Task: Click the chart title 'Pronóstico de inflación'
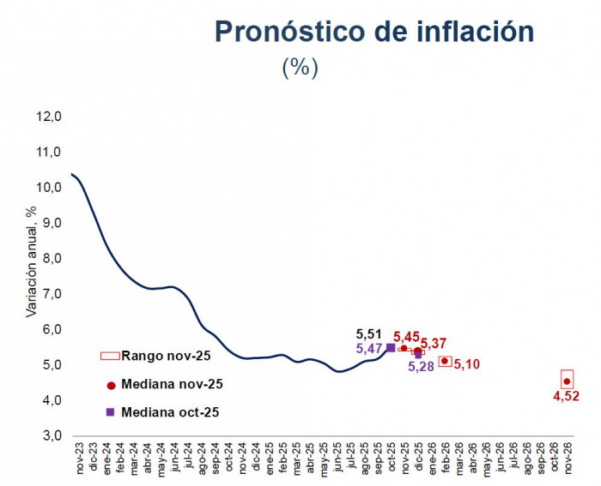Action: coord(373,32)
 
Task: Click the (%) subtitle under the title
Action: coord(300,68)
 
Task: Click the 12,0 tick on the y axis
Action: coord(49,117)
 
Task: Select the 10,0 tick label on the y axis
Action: coord(49,188)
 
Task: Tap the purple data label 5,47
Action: coord(369,349)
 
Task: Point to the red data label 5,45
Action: coord(407,337)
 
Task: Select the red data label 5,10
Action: coord(466,364)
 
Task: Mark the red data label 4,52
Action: coord(567,396)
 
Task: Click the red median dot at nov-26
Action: coord(567,381)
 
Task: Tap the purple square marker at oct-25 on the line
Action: coord(391,347)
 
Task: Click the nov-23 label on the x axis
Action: coord(79,463)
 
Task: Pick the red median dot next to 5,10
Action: coord(445,361)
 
